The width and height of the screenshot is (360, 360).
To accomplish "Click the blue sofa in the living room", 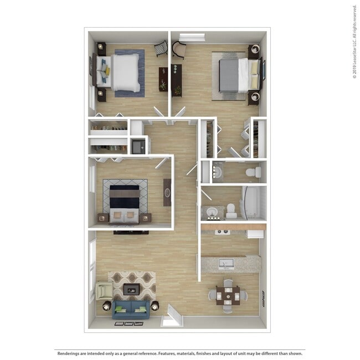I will pyautogui.click(x=130, y=308).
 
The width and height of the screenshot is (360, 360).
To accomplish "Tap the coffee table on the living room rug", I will pyautogui.click(x=132, y=289).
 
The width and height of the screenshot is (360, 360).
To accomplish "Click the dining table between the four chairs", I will pyautogui.click(x=228, y=296).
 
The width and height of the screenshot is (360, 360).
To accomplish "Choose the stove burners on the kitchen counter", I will pyautogui.click(x=223, y=232).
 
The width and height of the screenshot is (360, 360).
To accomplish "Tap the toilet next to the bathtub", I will pyautogui.click(x=230, y=210).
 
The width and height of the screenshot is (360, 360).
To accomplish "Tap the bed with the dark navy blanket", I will pyautogui.click(x=124, y=200).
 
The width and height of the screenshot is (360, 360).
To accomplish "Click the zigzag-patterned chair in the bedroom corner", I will pyautogui.click(x=161, y=48).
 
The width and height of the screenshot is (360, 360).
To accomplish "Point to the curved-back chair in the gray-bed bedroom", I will pyautogui.click(x=178, y=50).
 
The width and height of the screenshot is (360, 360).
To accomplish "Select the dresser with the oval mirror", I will pyautogui.click(x=167, y=192).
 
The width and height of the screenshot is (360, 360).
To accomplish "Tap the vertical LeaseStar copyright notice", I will pyautogui.click(x=354, y=42).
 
